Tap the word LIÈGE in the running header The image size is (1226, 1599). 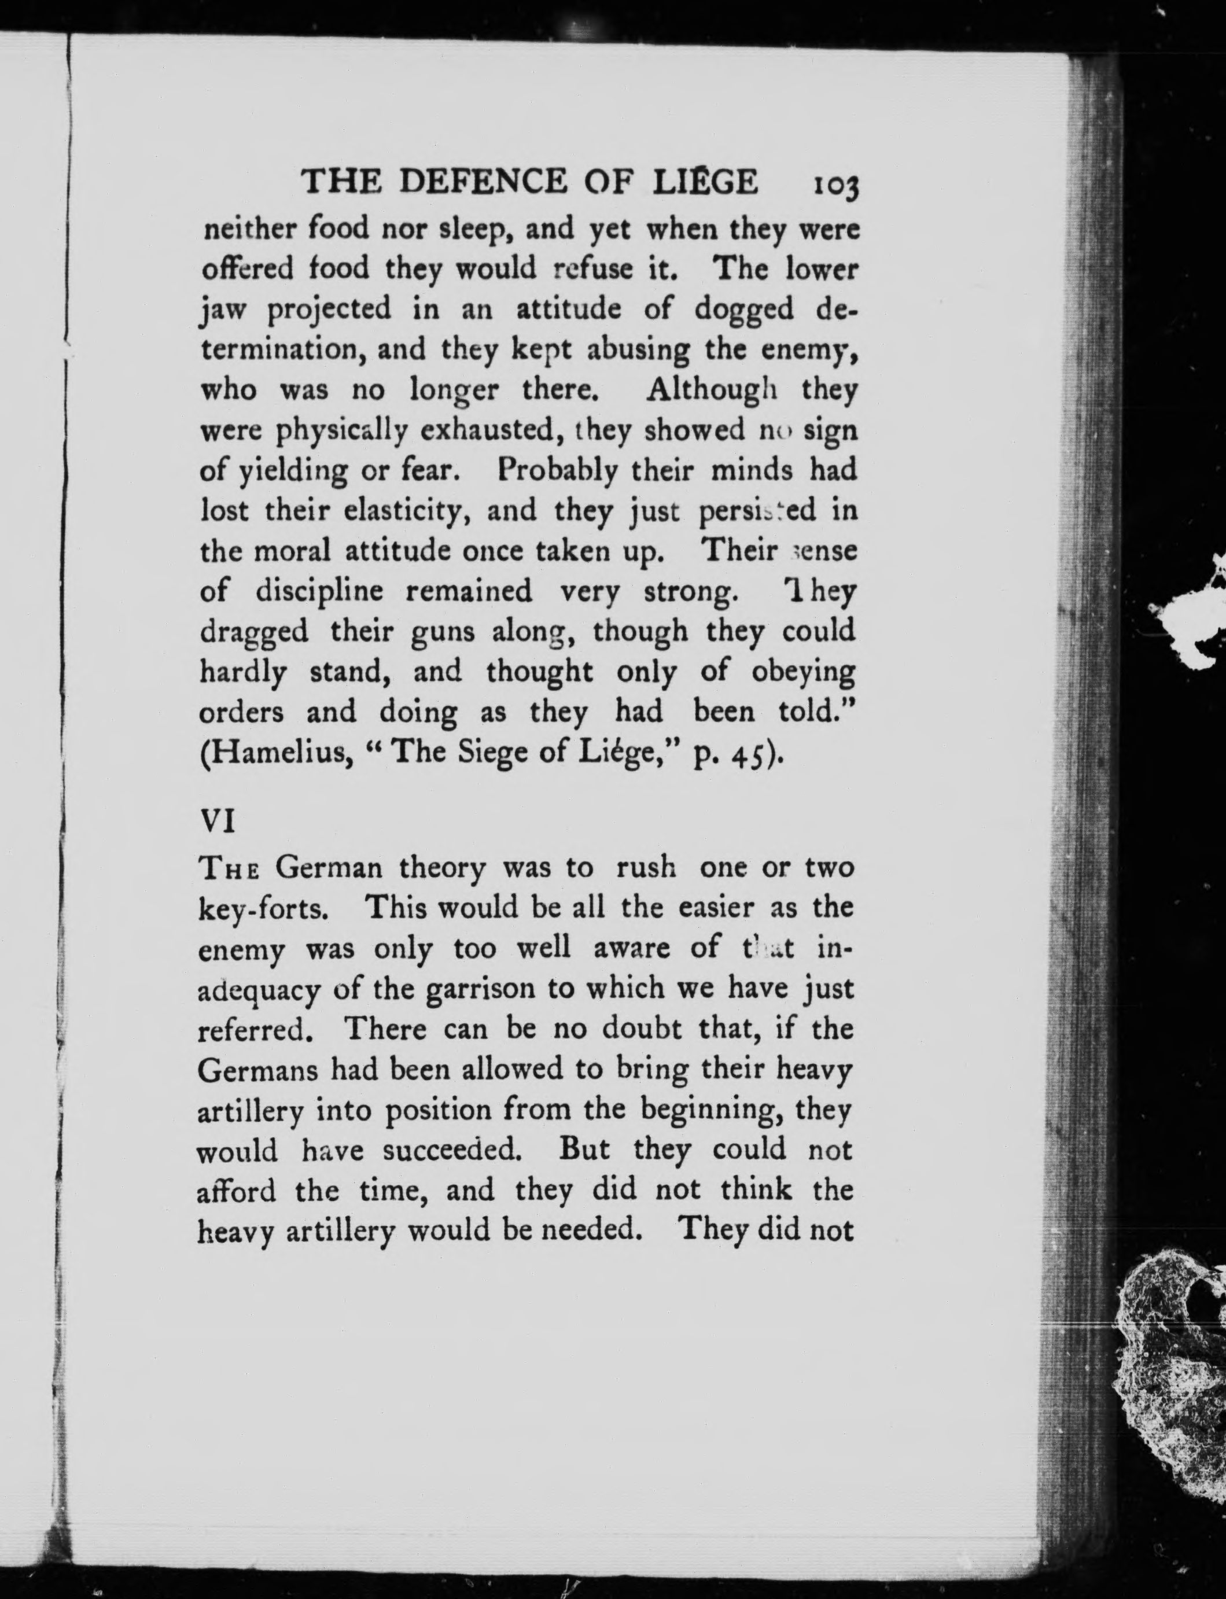coord(704,182)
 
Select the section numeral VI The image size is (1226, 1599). coord(217,822)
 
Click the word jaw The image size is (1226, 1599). coord(224,310)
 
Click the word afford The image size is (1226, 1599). coord(237,1191)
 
